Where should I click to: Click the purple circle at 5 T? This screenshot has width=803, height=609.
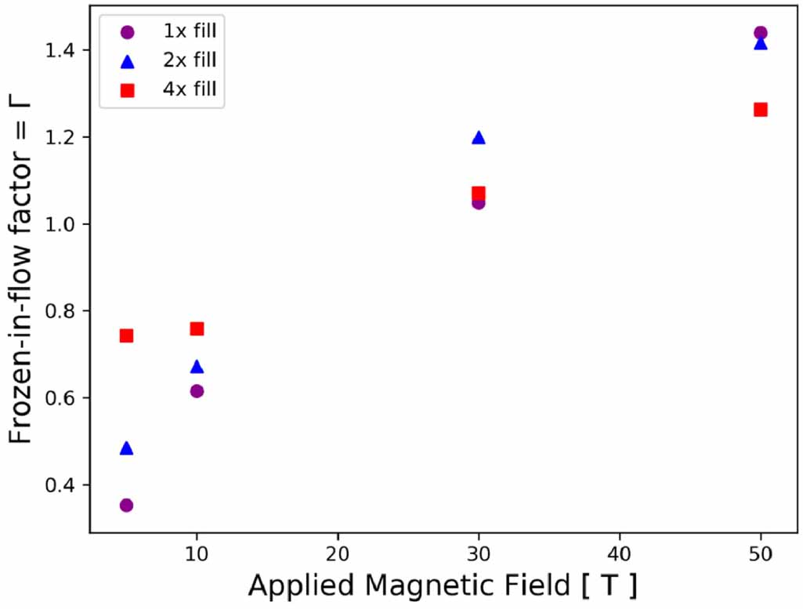(x=126, y=505)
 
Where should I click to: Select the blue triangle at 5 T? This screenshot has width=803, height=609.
(x=126, y=448)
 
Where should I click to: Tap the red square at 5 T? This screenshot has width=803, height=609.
(x=126, y=335)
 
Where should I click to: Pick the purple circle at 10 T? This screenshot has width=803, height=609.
(x=197, y=391)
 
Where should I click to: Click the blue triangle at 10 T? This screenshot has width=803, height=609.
(x=197, y=367)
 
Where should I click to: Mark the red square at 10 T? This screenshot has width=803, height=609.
(x=197, y=328)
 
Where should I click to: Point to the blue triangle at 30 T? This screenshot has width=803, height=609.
(x=479, y=138)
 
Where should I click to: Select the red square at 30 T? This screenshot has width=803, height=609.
(x=479, y=192)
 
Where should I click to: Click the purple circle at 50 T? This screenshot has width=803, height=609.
(x=760, y=33)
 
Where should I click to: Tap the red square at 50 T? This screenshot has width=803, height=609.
(x=760, y=109)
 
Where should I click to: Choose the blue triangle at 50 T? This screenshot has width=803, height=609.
(x=760, y=44)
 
